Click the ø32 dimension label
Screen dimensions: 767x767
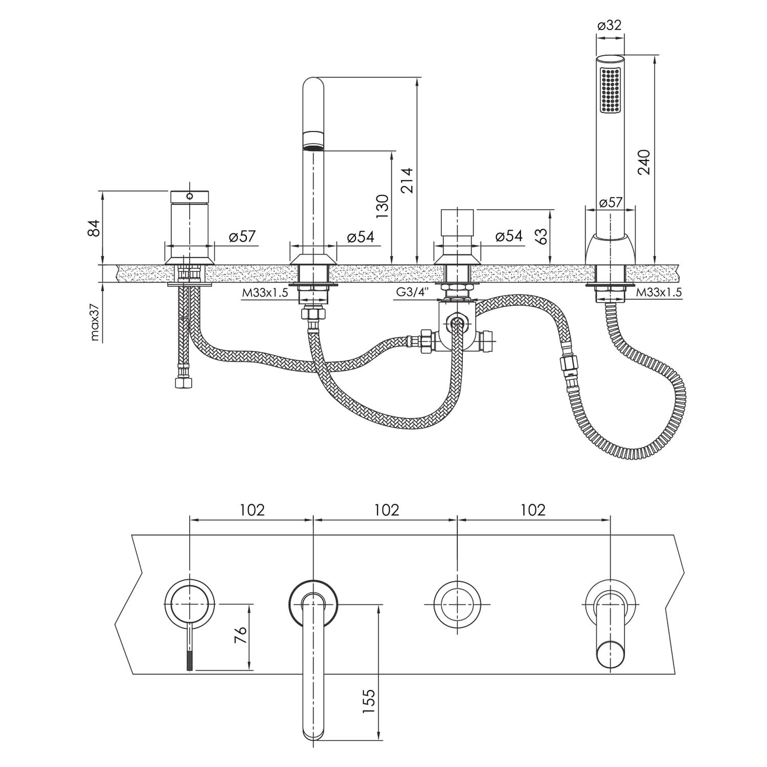[x=610, y=25]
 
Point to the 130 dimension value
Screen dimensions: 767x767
[x=383, y=206]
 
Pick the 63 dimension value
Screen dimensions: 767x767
[x=541, y=236]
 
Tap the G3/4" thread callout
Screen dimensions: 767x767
[x=412, y=293]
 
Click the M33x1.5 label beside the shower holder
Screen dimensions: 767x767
[x=659, y=292]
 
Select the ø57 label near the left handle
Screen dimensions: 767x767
[x=242, y=236]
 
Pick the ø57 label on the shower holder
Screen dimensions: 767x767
[x=611, y=202]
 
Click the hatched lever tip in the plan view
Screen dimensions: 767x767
[x=190, y=659]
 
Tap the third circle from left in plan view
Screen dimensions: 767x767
[x=457, y=605]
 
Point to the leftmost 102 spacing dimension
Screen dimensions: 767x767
[x=252, y=510]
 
